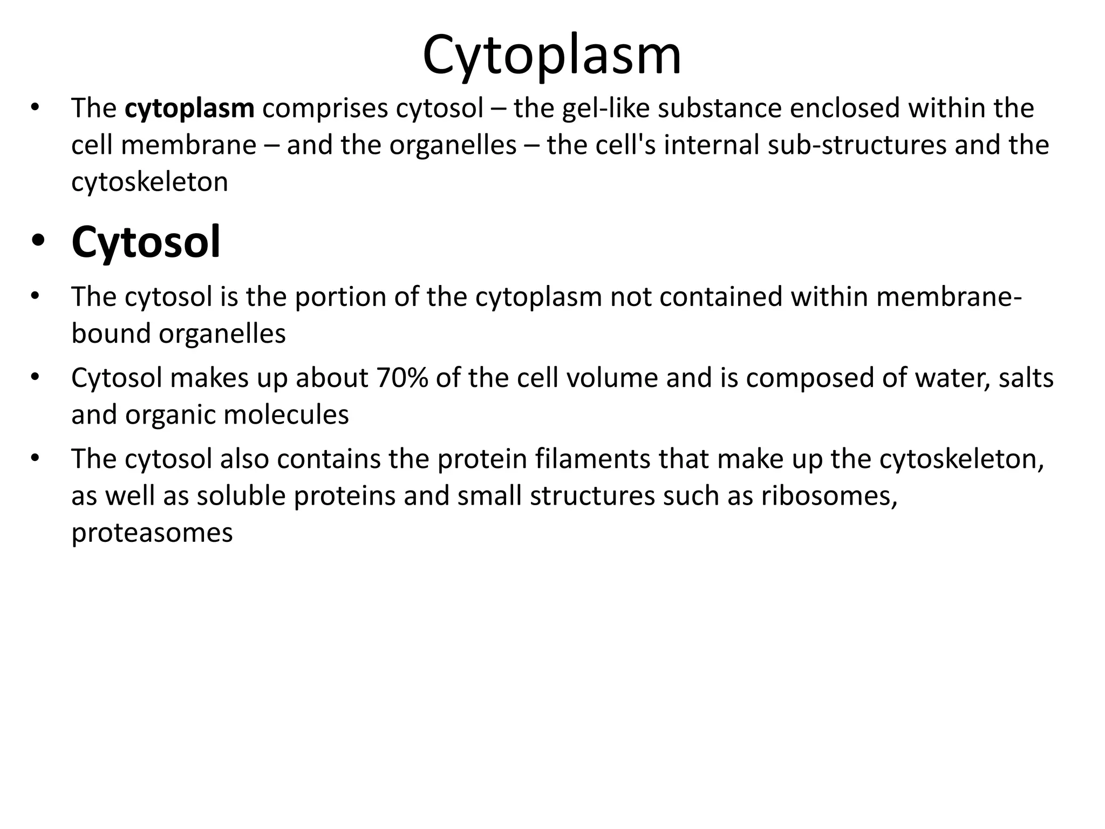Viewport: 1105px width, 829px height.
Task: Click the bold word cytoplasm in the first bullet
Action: click(189, 108)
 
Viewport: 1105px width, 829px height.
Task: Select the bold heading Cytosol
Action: click(146, 242)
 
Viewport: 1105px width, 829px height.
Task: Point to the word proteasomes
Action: click(152, 533)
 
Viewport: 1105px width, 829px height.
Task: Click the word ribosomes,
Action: click(829, 496)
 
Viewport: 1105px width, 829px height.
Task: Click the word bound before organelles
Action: click(111, 334)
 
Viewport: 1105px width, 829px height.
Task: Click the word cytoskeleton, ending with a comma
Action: click(961, 459)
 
